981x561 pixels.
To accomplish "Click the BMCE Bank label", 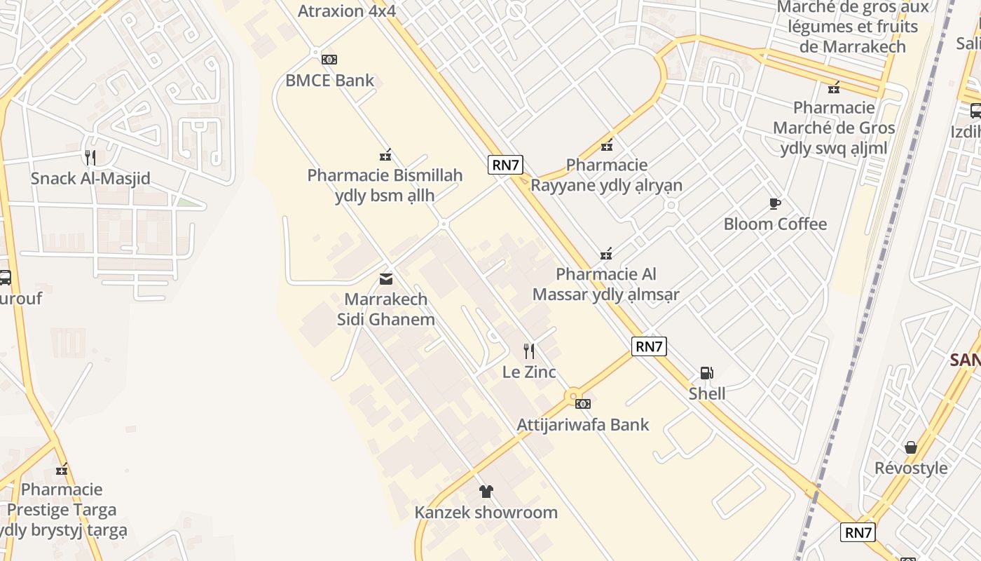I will coord(329,80).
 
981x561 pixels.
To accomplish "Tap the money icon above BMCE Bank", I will coord(329,59).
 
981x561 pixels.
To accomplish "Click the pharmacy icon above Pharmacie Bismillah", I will coord(385,154).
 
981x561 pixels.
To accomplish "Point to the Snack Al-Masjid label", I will coord(90,178).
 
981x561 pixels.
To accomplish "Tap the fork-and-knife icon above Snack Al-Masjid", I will coord(90,157).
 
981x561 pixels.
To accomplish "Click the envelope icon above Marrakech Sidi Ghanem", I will coord(385,279).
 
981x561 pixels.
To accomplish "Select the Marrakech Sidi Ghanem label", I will coord(386,309).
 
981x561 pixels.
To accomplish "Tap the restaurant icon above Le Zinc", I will coord(529,351).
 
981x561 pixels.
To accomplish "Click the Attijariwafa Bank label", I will coord(583,424).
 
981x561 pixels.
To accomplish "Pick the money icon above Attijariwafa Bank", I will coord(582,403).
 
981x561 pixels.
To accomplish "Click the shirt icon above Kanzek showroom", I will coord(486,491).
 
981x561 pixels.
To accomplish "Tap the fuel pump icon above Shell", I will coord(707,373).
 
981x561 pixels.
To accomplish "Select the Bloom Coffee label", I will coord(775,224).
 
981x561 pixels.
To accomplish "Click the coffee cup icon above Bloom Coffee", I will coord(774,203).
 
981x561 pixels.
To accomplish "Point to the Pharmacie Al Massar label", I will coord(606,284).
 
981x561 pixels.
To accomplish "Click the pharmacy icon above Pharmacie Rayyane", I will coord(607,146).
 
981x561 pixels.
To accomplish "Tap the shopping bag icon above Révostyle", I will coord(910,447).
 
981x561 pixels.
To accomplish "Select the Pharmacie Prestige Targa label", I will coord(62,509).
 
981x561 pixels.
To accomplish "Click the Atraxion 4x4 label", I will coord(347,11).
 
